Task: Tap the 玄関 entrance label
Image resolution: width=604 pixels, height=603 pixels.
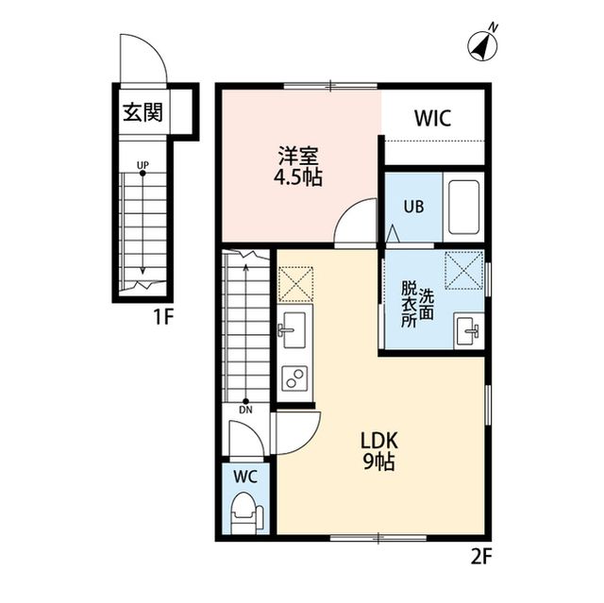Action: (x=143, y=113)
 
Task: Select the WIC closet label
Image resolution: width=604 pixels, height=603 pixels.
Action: (x=432, y=118)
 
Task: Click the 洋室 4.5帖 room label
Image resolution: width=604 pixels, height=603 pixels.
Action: (x=298, y=167)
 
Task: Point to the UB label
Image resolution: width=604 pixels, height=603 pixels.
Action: (x=414, y=207)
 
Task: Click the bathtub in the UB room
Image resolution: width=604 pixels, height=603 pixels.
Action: (x=464, y=207)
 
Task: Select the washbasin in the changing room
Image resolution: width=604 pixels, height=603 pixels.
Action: (x=466, y=331)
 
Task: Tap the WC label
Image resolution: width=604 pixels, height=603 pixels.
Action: (x=245, y=477)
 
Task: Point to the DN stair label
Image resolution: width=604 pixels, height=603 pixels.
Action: (x=245, y=409)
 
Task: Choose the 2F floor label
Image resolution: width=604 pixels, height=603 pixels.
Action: (x=480, y=556)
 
